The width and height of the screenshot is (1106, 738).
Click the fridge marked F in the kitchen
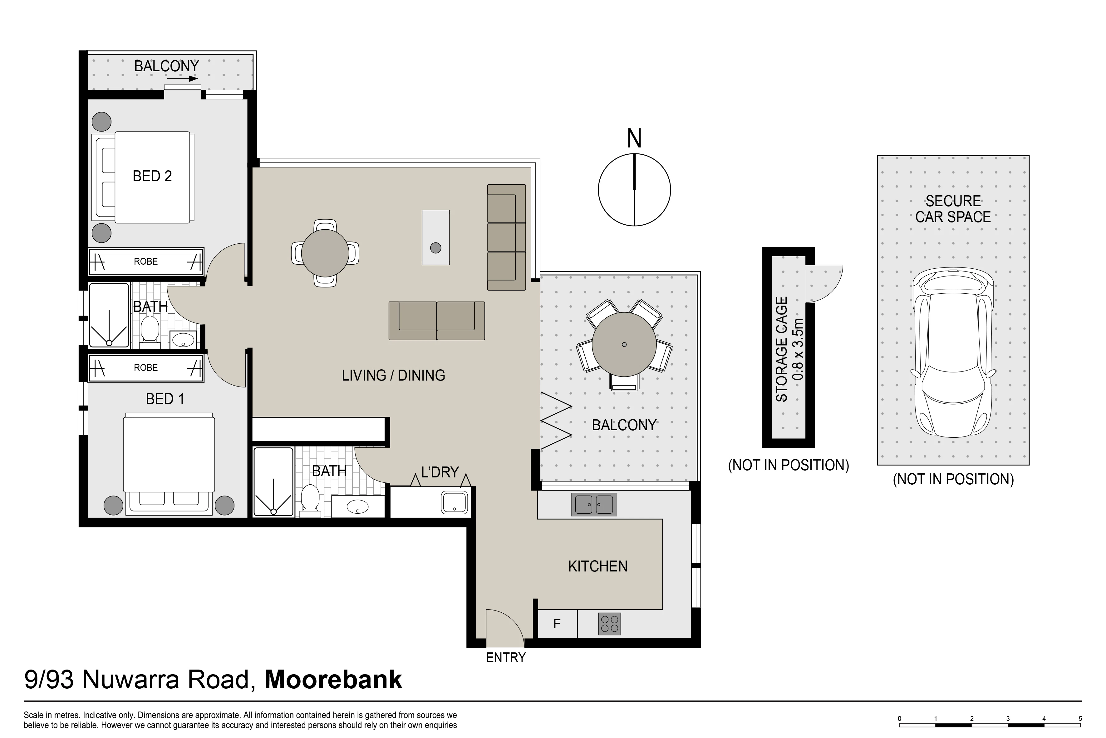coord(557,624)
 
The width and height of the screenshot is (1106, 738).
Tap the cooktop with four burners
coord(610,624)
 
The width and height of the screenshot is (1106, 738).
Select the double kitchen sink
coord(594,505)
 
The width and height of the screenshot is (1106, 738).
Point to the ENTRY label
coord(506,657)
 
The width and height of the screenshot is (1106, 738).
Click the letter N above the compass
coord(634,138)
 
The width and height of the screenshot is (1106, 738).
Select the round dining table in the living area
coord(325,253)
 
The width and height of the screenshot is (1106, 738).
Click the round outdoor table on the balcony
coord(624,345)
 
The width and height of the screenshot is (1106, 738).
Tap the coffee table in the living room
coord(435,237)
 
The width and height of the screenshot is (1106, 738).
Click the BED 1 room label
coord(165,399)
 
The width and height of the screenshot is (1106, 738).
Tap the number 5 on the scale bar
coord(1080,719)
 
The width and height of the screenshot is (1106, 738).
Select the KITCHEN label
coord(598,566)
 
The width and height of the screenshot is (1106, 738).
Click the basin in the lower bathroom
coord(358,507)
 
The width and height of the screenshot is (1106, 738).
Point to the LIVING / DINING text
coord(394,375)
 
